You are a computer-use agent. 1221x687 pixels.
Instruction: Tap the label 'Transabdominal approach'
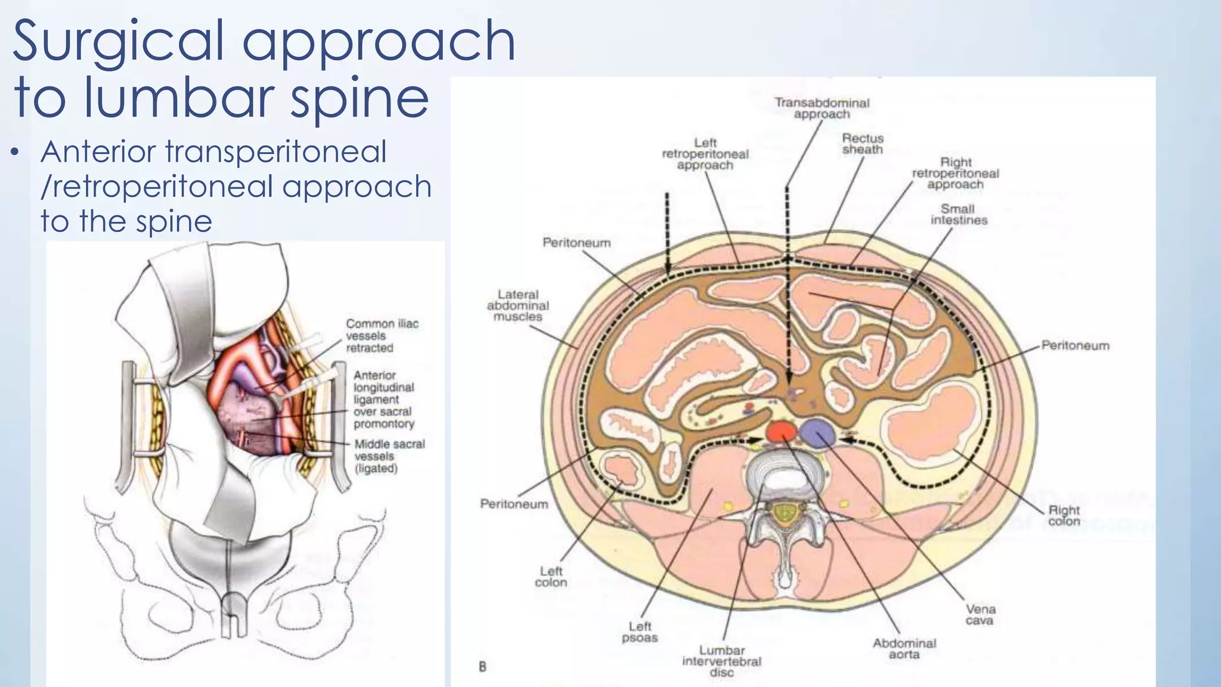tap(822, 108)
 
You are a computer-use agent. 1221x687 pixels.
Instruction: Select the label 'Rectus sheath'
tap(862, 144)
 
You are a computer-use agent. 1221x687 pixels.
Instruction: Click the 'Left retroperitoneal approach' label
tap(705, 154)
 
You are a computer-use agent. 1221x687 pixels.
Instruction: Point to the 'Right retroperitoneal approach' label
tap(955, 173)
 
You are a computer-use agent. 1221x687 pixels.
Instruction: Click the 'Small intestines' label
tap(959, 215)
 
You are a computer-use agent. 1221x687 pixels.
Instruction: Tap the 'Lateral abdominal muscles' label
tap(517, 305)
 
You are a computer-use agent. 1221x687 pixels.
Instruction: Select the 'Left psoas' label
tap(639, 632)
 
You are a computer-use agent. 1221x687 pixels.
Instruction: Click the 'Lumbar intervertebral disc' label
tap(721, 661)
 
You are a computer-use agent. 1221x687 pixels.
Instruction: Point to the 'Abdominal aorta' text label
tap(904, 649)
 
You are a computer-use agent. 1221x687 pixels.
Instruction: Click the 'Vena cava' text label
tap(980, 615)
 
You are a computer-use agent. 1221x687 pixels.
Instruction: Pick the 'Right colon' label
tap(1064, 516)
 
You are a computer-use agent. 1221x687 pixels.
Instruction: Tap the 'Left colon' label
tap(551, 577)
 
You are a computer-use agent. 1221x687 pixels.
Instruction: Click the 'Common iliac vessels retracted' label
tap(382, 336)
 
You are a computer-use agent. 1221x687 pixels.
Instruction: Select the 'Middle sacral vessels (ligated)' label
tap(389, 456)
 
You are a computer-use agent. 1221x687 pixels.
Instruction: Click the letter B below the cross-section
tap(482, 667)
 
